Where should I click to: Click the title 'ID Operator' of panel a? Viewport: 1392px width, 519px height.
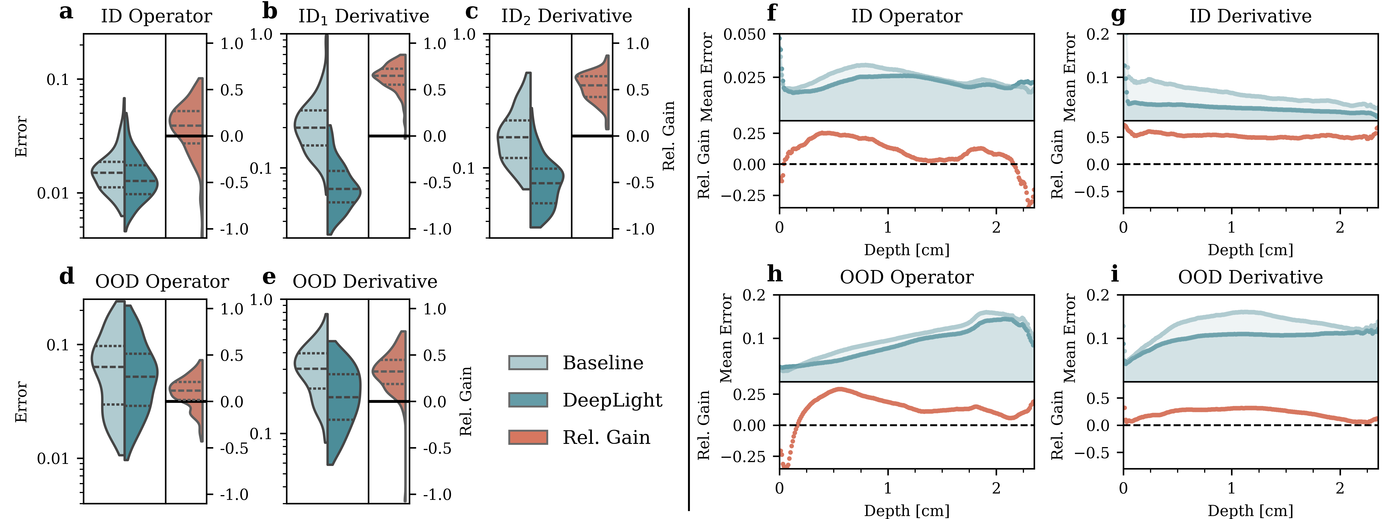click(156, 16)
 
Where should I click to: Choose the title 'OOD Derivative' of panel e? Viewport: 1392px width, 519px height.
click(365, 282)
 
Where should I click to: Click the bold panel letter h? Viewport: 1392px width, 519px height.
click(775, 274)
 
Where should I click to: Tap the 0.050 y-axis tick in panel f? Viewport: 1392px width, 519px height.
click(745, 35)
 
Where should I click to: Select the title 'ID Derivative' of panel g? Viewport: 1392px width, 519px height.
click(1250, 16)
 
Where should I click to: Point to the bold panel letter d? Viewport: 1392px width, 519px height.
click(66, 277)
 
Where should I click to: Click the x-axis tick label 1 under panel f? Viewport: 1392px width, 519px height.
click(887, 228)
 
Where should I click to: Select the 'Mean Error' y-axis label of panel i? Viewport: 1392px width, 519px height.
click(1069, 338)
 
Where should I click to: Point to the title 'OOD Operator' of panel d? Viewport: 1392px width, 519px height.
click(161, 282)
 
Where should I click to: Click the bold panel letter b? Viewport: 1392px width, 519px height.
click(270, 12)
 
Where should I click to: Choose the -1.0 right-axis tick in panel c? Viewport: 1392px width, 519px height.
click(640, 229)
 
